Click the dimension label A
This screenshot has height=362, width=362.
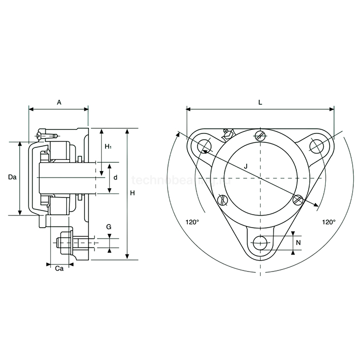[x=59, y=102]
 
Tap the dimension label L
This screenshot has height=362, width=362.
[x=260, y=102]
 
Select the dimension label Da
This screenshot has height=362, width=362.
[x=13, y=177]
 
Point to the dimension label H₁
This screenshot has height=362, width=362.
[x=108, y=147]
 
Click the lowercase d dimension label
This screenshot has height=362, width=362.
[x=115, y=177]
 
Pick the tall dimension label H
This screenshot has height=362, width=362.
[x=133, y=193]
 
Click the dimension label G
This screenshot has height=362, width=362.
[x=109, y=227]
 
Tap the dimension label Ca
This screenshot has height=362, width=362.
[x=59, y=268]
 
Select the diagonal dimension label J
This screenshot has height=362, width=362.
[x=246, y=165]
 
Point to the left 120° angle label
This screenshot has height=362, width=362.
[x=192, y=222]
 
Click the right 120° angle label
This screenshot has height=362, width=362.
[x=329, y=222]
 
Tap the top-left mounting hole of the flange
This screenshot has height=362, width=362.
[x=203, y=145]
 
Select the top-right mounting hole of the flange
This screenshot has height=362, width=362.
[x=317, y=145]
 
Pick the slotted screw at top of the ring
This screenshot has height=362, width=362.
[x=261, y=136]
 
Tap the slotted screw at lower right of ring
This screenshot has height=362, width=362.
[x=297, y=200]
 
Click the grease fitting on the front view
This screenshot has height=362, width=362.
[x=227, y=134]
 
